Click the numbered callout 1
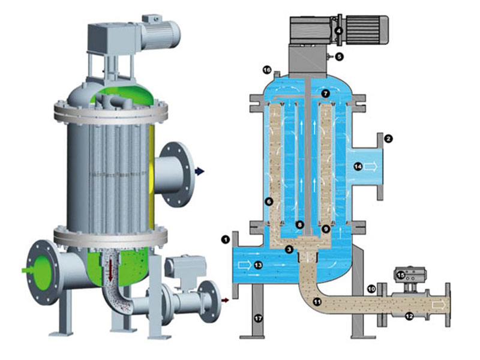pyautogui.click(x=226, y=239)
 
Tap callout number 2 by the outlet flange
pyautogui.click(x=388, y=139)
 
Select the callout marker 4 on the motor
pyautogui.click(x=338, y=31)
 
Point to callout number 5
pyautogui.click(x=338, y=56)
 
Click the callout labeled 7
pyautogui.click(x=325, y=94)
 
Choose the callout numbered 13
pyautogui.click(x=258, y=265)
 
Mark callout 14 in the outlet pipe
pyautogui.click(x=358, y=167)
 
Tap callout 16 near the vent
pyautogui.click(x=267, y=70)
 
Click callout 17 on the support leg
pyautogui.click(x=259, y=319)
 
